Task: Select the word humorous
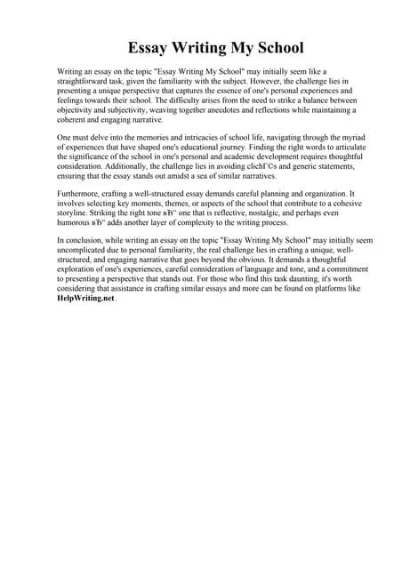(76, 230)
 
